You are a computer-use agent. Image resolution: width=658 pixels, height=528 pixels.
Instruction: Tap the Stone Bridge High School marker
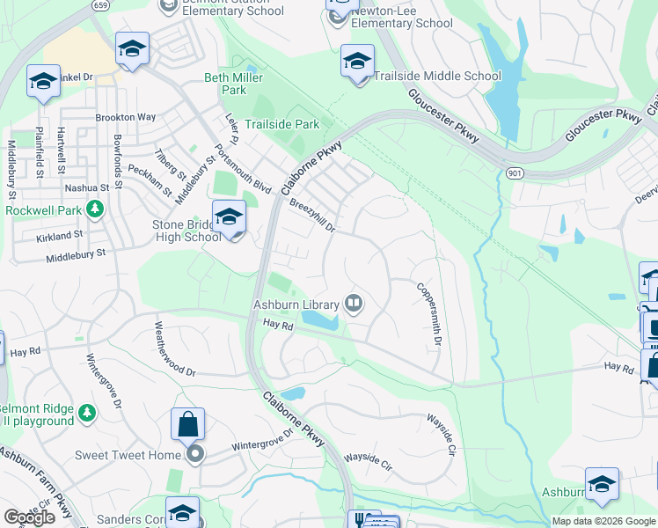click(229, 216)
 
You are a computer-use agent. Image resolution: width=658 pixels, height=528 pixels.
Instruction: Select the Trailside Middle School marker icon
click(357, 64)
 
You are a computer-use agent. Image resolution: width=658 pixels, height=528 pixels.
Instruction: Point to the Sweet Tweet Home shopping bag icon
click(189, 426)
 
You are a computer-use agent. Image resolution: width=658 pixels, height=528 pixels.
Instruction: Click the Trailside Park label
click(281, 124)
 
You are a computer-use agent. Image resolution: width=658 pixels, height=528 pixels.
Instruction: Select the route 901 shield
click(515, 172)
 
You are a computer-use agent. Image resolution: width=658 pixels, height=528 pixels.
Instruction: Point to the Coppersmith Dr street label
click(428, 313)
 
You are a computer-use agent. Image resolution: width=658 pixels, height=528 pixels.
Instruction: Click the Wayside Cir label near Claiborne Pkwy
click(366, 458)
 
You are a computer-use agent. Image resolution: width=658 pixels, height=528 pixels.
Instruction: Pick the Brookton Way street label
click(126, 117)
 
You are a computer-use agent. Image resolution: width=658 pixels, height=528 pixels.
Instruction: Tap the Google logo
click(29, 517)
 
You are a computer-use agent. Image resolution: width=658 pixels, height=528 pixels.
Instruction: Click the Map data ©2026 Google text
click(603, 521)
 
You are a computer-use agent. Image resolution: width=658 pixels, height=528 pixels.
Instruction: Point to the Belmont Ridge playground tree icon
click(86, 412)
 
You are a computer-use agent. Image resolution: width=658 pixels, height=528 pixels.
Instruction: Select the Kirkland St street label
click(59, 236)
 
